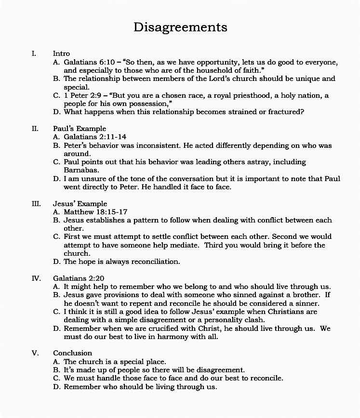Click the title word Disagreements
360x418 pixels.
[180, 27]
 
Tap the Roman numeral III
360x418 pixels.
[36, 204]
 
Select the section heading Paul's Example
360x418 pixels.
[79, 129]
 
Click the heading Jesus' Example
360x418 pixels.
[80, 204]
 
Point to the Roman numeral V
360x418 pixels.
[35, 353]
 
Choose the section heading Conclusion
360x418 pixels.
[72, 353]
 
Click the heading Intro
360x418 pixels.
[61, 54]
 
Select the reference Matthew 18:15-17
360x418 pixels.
[96, 212]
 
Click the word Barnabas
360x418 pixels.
[81, 170]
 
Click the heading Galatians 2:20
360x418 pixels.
[79, 278]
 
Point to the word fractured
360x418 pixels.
[286, 112]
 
